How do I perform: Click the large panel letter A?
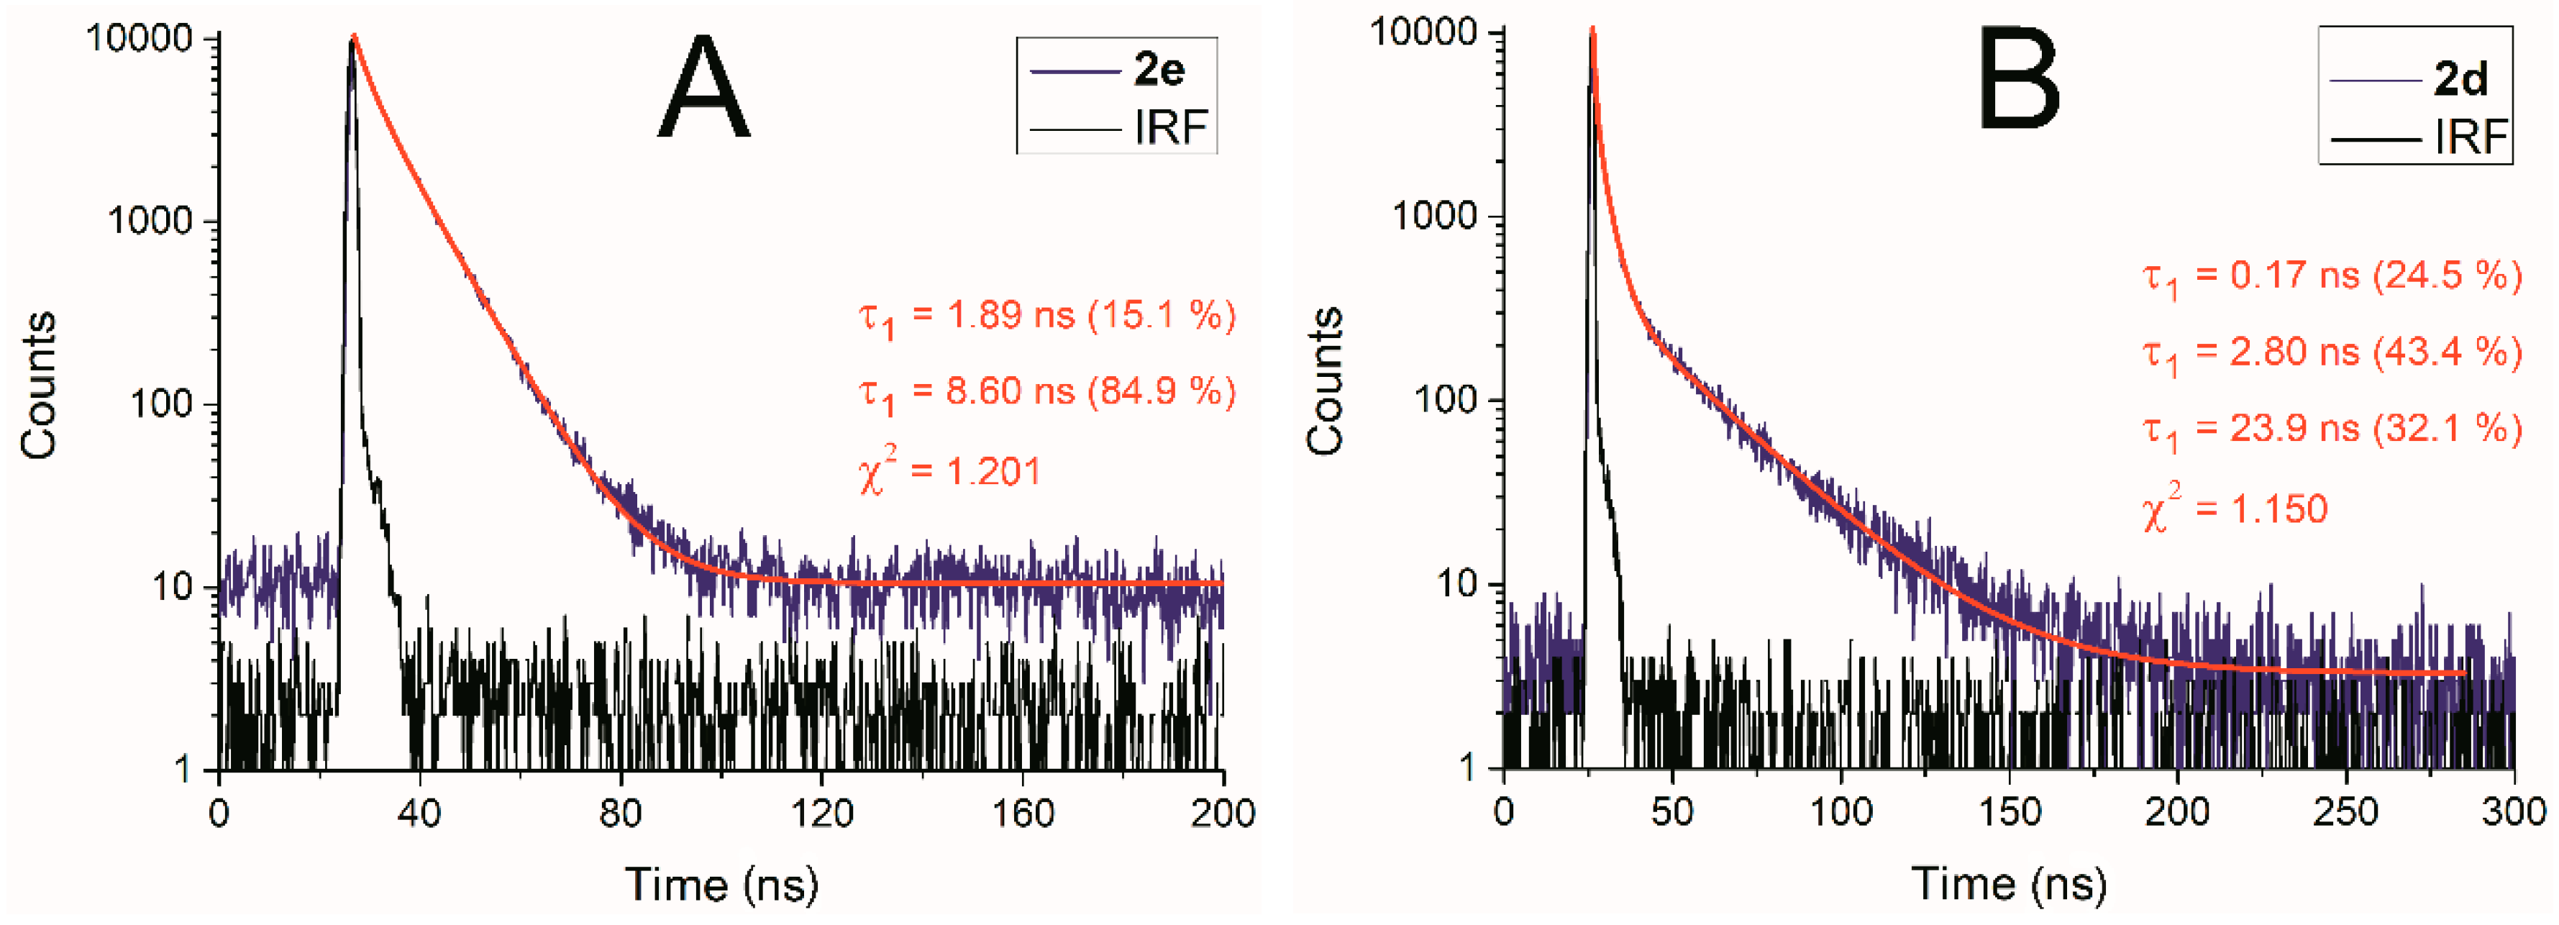[703, 88]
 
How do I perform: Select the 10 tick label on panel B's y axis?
[1456, 584]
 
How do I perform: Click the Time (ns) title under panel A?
[722, 884]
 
